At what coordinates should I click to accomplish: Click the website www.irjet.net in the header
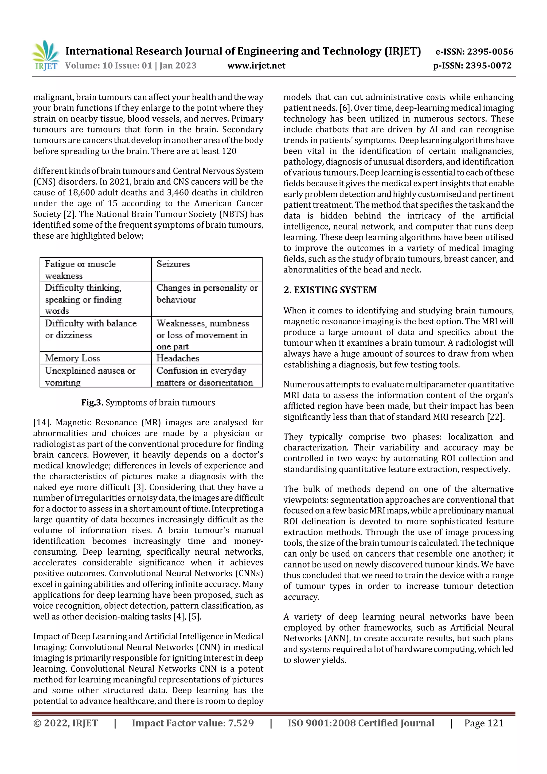tap(256, 66)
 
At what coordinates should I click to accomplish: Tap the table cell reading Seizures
tap(173, 264)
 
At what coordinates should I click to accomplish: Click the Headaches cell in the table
tap(178, 358)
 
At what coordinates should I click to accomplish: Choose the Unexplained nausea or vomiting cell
tap(90, 376)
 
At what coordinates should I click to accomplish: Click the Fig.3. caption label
tap(92, 403)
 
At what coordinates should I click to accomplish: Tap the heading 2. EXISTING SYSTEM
tap(330, 290)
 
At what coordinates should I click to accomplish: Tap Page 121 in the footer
tap(484, 723)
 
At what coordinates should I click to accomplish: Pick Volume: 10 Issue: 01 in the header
tap(108, 66)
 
